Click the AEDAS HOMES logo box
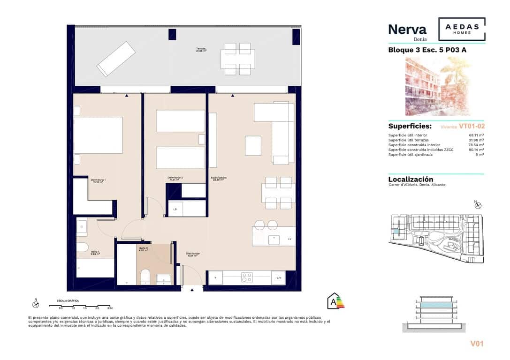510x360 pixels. click(462, 29)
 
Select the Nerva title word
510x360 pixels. click(407, 30)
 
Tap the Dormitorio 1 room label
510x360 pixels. click(98, 180)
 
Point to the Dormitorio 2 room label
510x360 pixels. click(175, 178)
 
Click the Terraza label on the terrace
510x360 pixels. click(201, 50)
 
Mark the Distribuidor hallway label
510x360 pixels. click(194, 255)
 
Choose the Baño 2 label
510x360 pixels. click(144, 249)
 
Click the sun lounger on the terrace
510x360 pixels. click(115, 59)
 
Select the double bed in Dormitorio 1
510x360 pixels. click(98, 135)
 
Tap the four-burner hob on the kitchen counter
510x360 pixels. click(246, 277)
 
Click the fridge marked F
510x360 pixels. click(215, 278)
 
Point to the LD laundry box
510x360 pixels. click(175, 209)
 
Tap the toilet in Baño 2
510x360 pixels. click(145, 277)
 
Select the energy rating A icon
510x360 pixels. click(335, 300)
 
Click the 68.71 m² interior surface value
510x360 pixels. click(476, 135)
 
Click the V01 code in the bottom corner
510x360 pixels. click(477, 344)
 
